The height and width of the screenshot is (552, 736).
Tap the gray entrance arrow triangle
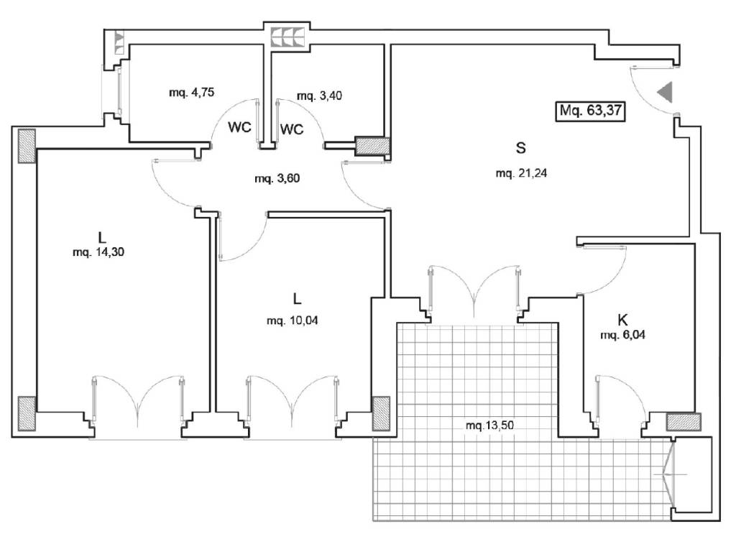[x=665, y=93]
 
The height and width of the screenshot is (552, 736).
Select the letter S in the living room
[x=521, y=148]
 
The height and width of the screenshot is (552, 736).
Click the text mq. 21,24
[x=522, y=173]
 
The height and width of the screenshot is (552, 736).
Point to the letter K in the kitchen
[x=622, y=320]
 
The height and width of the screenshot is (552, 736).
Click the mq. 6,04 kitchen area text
[x=622, y=335]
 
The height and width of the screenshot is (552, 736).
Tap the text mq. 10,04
[x=293, y=321]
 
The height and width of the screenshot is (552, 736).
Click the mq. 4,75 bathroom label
[x=192, y=92]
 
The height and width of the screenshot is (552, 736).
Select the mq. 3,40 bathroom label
[x=318, y=96]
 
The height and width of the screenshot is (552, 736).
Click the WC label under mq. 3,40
[x=291, y=129]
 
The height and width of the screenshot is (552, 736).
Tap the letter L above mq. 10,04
[x=295, y=298]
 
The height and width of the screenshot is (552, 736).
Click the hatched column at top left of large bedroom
[x=27, y=147]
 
